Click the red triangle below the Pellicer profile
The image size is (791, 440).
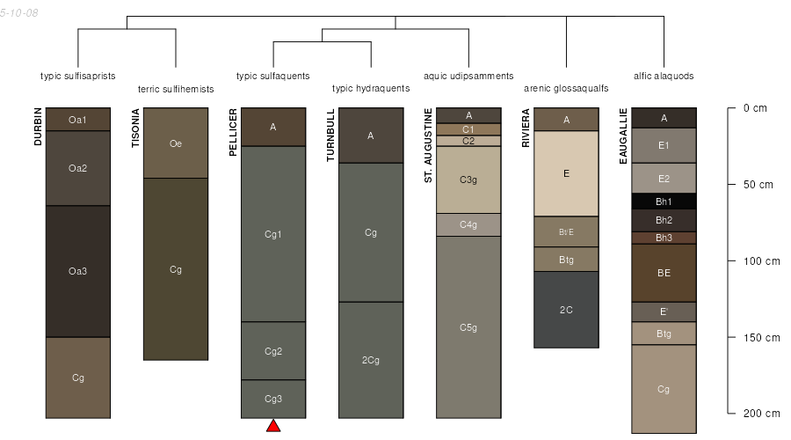[x=273, y=426]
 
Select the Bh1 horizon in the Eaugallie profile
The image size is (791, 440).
[x=664, y=201]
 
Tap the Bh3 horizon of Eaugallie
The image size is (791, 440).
[x=664, y=238]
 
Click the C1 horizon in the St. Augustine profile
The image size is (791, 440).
[x=468, y=129]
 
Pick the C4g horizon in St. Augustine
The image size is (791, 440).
[x=468, y=224]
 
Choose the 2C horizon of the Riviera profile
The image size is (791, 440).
[x=567, y=310]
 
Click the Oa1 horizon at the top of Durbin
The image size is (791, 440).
[x=78, y=119]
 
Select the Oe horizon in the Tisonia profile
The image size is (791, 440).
[x=176, y=143]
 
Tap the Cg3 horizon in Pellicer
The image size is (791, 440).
[x=273, y=400]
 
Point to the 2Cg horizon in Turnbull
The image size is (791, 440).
[x=371, y=360]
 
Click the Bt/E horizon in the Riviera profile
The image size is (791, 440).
[x=567, y=231]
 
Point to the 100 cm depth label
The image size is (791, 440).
[x=761, y=261]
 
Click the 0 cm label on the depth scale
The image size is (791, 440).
[x=755, y=108]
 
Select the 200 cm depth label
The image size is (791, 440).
[x=761, y=414]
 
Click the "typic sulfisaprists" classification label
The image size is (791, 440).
[x=77, y=77]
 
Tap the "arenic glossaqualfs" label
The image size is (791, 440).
[x=566, y=88]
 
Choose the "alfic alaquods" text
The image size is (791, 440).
[x=664, y=77]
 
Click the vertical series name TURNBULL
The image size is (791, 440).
[x=331, y=136]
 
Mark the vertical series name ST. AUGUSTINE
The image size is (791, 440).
[x=428, y=145]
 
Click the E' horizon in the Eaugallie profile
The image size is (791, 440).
[x=664, y=312]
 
